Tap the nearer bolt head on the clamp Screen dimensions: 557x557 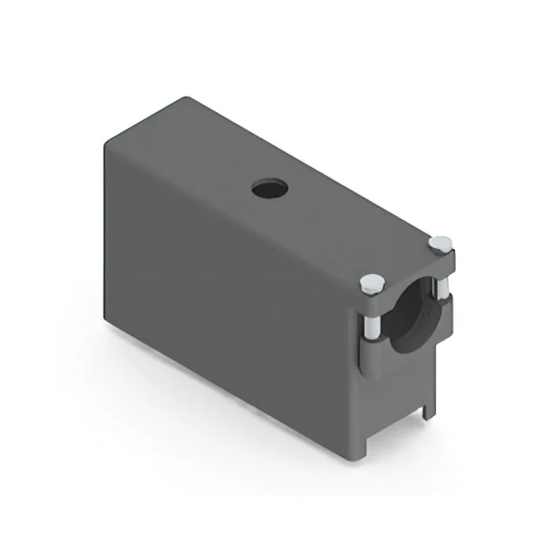click(x=372, y=282)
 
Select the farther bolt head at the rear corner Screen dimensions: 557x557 click(x=440, y=244)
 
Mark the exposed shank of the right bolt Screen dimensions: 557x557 click(x=445, y=287)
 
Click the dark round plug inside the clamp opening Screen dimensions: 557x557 click(x=416, y=318)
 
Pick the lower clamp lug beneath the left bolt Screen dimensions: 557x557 click(x=372, y=353)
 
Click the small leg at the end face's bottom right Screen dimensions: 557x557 click(x=427, y=409)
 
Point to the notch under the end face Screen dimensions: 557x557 click(x=396, y=426)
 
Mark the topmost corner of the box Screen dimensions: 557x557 click(x=185, y=97)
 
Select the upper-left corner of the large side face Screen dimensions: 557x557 click(x=106, y=141)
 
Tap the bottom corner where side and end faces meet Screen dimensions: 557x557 click(x=356, y=460)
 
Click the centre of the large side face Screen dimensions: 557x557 click(x=231, y=305)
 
